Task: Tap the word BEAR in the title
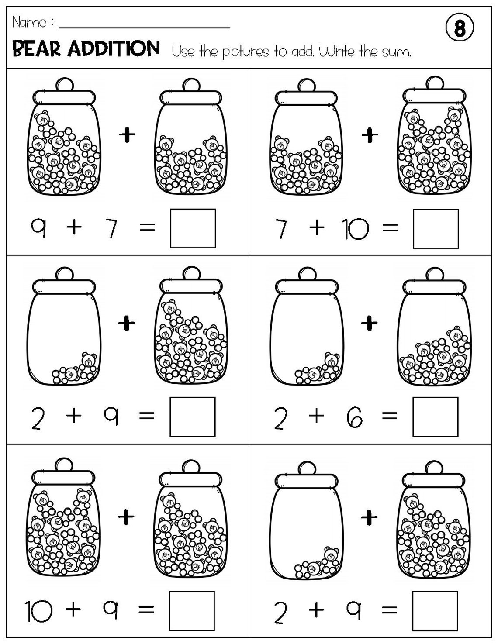37,49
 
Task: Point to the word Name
29,22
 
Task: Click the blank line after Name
144,26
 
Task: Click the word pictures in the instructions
246,53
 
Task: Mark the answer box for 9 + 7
193,228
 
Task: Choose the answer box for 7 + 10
436,229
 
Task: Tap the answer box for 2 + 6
436,417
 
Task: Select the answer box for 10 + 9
192,610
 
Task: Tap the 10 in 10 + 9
39,610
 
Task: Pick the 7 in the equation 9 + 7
113,229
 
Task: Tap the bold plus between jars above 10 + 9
127,517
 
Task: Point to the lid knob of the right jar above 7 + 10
434,83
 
